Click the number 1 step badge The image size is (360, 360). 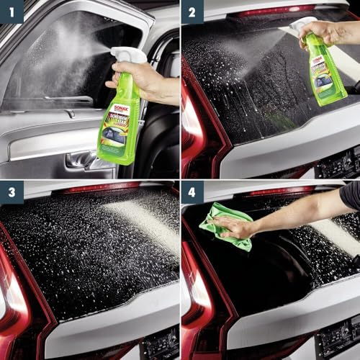(x=12, y=12)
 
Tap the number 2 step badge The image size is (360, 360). (x=193, y=12)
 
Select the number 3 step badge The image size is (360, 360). (x=12, y=193)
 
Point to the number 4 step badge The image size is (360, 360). (x=193, y=193)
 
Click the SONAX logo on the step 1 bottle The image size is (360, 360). (x=121, y=108)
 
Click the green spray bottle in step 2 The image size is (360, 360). (x=327, y=72)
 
